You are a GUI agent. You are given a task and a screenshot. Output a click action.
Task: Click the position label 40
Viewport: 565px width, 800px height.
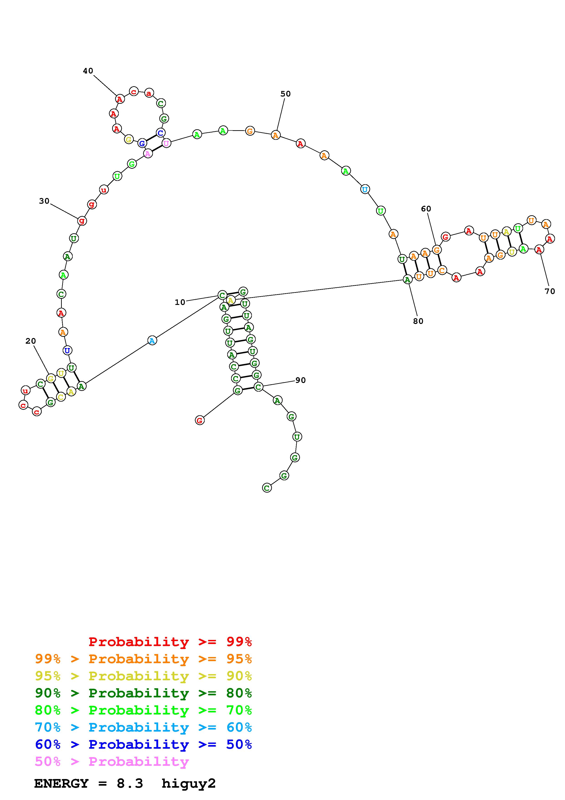click(88, 71)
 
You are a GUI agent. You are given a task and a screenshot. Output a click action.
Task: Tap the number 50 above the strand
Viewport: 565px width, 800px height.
click(285, 94)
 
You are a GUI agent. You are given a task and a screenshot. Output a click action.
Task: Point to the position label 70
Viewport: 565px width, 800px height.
click(550, 291)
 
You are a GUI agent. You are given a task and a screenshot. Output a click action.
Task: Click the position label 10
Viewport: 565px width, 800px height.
click(180, 302)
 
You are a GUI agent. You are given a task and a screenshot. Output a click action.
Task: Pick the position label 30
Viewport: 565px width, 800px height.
click(44, 201)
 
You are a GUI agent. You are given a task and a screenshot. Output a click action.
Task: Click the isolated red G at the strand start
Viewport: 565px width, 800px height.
click(199, 420)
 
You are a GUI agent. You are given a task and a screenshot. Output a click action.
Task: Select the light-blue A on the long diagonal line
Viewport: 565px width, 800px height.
click(152, 340)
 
